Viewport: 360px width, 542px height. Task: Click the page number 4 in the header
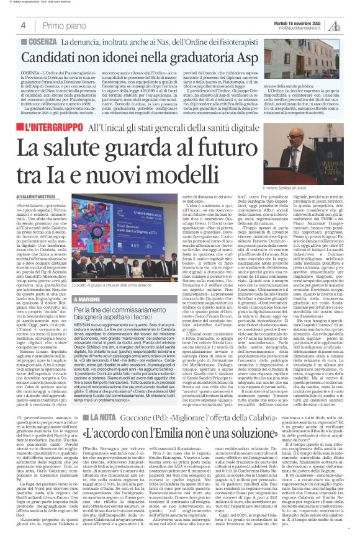click(23, 25)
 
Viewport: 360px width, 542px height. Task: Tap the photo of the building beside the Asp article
click(310, 68)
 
